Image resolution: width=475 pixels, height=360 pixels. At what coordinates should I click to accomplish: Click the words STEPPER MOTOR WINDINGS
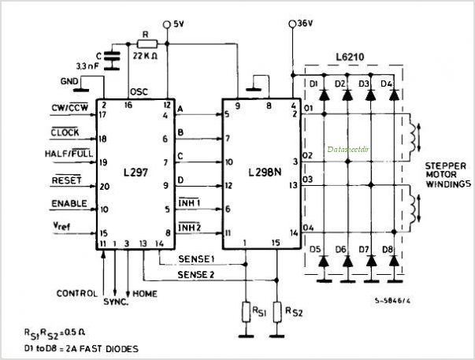(x=447, y=174)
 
